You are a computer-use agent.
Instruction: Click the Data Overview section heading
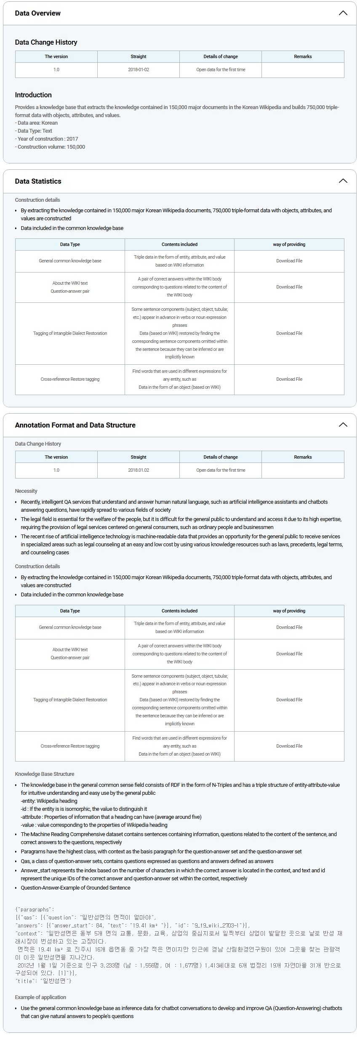pyautogui.click(x=37, y=13)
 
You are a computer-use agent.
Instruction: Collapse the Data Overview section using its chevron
pyautogui.click(x=343, y=13)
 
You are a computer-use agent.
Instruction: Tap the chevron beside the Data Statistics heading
pyautogui.click(x=343, y=181)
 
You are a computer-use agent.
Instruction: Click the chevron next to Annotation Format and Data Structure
pyautogui.click(x=343, y=425)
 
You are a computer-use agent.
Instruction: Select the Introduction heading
pyautogui.click(x=33, y=95)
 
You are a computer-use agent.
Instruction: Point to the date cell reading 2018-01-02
pyautogui.click(x=139, y=69)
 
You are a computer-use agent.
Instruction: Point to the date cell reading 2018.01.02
pyautogui.click(x=139, y=470)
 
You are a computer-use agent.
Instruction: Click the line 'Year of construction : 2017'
pyautogui.click(x=48, y=139)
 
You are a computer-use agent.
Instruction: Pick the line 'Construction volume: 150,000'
pyautogui.click(x=51, y=147)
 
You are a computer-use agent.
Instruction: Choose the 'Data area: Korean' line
pyautogui.click(x=37, y=123)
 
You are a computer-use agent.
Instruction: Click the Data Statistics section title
pyautogui.click(x=38, y=181)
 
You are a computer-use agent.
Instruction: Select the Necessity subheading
pyautogui.click(x=26, y=491)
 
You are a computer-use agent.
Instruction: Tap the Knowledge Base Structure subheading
pyautogui.click(x=45, y=774)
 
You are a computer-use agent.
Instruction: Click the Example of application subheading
pyautogui.click(x=40, y=997)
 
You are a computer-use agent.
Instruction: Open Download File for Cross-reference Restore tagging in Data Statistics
pyautogui.click(x=289, y=379)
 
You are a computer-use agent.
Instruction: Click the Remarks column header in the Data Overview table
pyautogui.click(x=303, y=56)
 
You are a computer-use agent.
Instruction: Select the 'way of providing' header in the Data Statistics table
pyautogui.click(x=289, y=244)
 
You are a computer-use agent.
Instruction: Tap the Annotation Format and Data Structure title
pyautogui.click(x=75, y=425)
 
